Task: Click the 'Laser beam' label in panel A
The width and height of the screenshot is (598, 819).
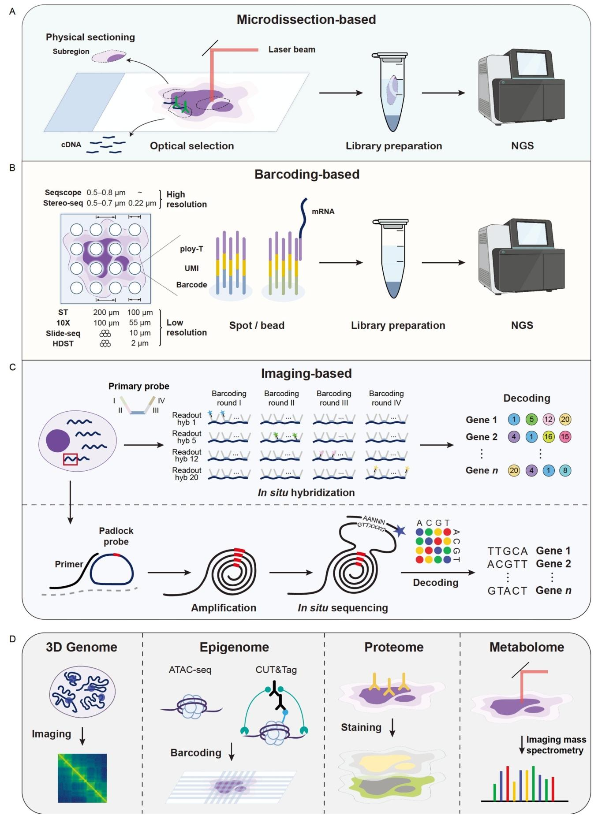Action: pos(292,49)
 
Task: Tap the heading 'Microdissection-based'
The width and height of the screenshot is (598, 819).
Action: pos(306,19)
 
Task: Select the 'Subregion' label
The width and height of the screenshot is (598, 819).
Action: pos(71,51)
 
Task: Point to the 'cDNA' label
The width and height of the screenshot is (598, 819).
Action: pos(71,145)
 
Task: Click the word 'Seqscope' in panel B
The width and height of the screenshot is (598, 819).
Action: pos(63,193)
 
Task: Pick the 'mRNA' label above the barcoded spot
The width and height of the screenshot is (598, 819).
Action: pos(323,212)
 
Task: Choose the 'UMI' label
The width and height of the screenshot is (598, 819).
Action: pos(191,268)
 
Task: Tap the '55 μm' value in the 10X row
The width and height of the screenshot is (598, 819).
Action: pos(140,323)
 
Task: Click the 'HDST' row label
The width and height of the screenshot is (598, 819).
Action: pos(63,343)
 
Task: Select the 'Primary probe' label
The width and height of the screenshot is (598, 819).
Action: pos(138,386)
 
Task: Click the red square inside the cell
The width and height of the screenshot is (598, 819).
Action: pos(71,459)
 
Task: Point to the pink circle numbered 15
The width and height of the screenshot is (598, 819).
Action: pos(565,437)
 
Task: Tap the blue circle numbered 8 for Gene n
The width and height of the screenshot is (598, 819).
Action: pos(565,470)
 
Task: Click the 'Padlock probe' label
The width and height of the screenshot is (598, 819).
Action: pos(116,536)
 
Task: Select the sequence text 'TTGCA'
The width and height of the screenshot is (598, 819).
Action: pos(508,551)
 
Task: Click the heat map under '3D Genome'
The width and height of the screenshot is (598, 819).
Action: pos(82,778)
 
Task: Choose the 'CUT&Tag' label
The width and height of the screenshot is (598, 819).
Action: pos(276,670)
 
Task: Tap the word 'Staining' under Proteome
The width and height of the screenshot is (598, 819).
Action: pos(361,727)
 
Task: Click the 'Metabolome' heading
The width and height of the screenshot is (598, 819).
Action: pos(527,647)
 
